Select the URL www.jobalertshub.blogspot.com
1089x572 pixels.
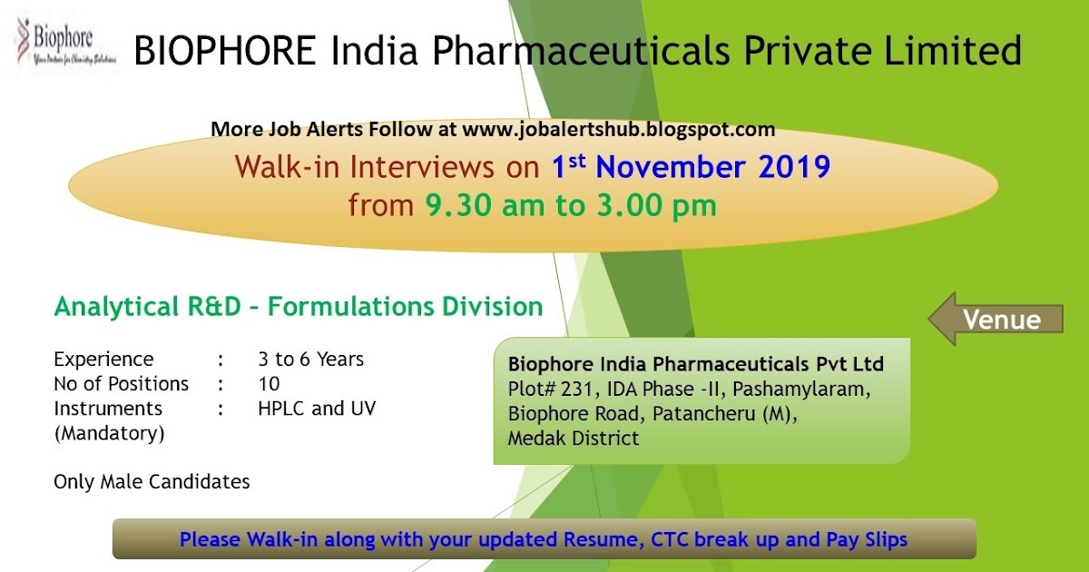(x=618, y=130)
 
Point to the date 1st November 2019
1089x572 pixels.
(x=691, y=168)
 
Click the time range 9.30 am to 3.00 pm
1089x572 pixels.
(x=571, y=205)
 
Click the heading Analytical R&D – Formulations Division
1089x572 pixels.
(x=299, y=307)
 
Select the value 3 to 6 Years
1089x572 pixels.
(x=310, y=360)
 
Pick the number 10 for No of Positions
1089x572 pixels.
(x=269, y=384)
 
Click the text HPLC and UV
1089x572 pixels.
(x=317, y=409)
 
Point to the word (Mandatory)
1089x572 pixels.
(x=109, y=433)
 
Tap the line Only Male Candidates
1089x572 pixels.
(x=152, y=481)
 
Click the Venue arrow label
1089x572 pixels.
(x=1000, y=320)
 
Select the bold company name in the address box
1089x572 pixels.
(x=695, y=365)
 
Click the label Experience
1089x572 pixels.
(x=103, y=360)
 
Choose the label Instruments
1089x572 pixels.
(x=108, y=409)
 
